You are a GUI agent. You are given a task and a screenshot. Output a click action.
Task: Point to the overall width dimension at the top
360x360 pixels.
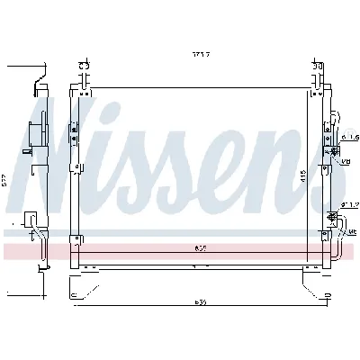(x=200, y=55)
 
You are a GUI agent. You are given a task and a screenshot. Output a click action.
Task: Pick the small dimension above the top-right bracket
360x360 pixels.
(x=316, y=66)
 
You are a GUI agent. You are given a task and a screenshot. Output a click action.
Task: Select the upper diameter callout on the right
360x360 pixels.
(x=349, y=137)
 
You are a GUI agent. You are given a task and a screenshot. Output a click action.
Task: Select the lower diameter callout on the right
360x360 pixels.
(x=349, y=205)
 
